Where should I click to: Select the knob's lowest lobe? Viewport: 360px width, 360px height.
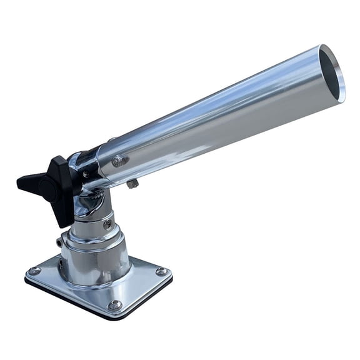pos(62,216)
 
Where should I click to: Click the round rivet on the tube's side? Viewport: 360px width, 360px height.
pos(117,161)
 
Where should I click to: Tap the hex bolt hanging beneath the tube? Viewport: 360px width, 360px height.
pos(132,183)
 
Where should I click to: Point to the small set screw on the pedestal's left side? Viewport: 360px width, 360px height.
pos(60,242)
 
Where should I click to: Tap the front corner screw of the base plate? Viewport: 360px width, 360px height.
pos(114,305)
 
